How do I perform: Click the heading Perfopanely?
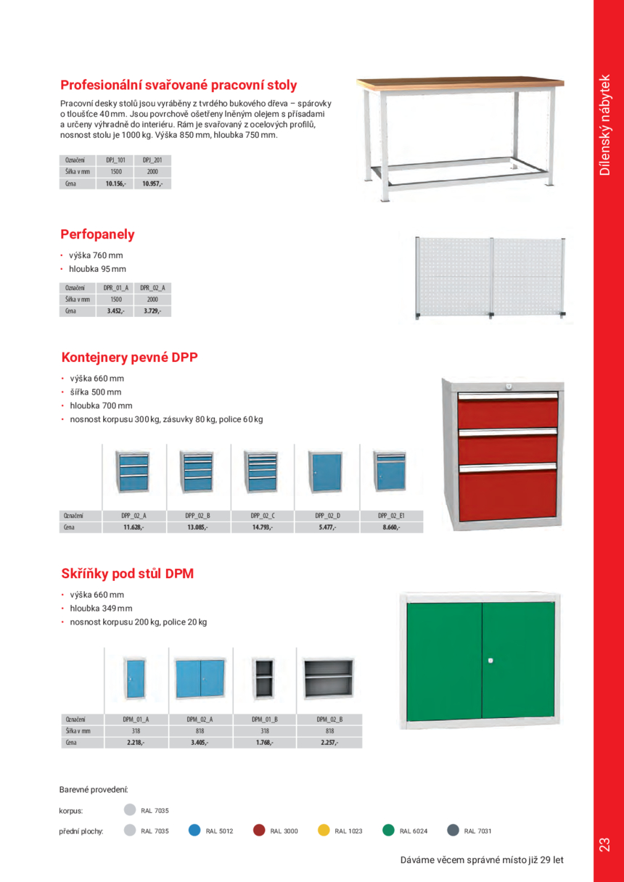click(x=97, y=234)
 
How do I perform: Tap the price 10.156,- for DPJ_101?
click(x=115, y=184)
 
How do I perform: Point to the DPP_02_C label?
click(x=263, y=516)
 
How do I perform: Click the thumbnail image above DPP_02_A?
click(x=134, y=472)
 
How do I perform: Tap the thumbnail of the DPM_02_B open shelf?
click(x=329, y=680)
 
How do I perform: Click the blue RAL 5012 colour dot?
click(x=194, y=831)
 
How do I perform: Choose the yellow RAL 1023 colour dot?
click(x=324, y=831)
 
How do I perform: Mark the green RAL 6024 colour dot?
click(x=388, y=831)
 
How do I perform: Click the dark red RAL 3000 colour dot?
click(x=259, y=831)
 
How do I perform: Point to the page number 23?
click(x=604, y=844)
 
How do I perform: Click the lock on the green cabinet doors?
click(x=490, y=660)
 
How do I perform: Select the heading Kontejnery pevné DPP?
click(x=129, y=358)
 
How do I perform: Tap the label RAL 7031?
click(x=477, y=831)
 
